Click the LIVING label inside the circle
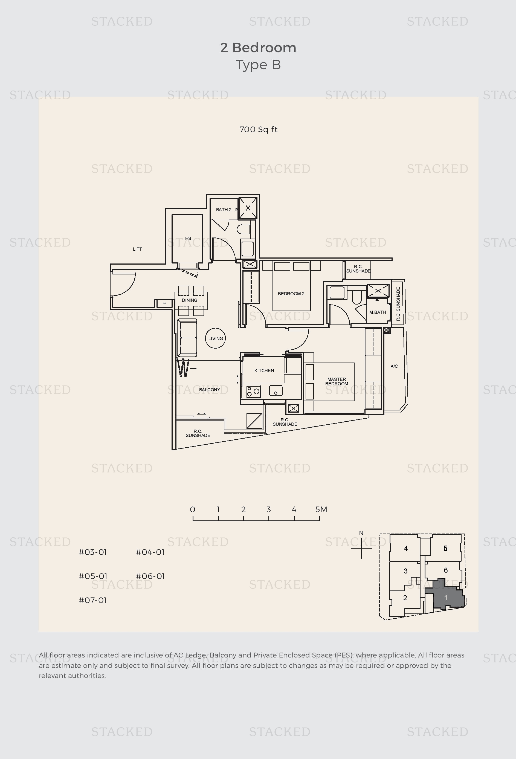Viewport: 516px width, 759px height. [216, 338]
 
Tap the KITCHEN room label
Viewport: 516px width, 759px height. [264, 370]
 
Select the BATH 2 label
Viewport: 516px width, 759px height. [223, 210]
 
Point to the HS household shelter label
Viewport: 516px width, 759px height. [188, 238]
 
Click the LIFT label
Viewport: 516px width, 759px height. [137, 249]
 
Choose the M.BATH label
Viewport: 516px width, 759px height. [378, 312]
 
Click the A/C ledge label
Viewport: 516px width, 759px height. [394, 366]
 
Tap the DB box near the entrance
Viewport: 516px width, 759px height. [164, 303]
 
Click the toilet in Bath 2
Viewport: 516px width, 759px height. [243, 229]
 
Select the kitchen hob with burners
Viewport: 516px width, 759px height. [253, 391]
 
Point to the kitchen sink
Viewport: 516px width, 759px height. [276, 391]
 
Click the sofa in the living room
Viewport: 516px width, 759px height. [187, 338]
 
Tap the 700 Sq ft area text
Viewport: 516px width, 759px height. [258, 130]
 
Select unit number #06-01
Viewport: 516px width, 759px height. [150, 576]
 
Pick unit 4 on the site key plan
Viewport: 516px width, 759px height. [406, 548]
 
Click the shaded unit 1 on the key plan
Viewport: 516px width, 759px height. [445, 598]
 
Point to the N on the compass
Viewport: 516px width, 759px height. [361, 533]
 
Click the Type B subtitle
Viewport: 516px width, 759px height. [258, 65]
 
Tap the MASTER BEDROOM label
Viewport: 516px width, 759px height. [336, 381]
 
